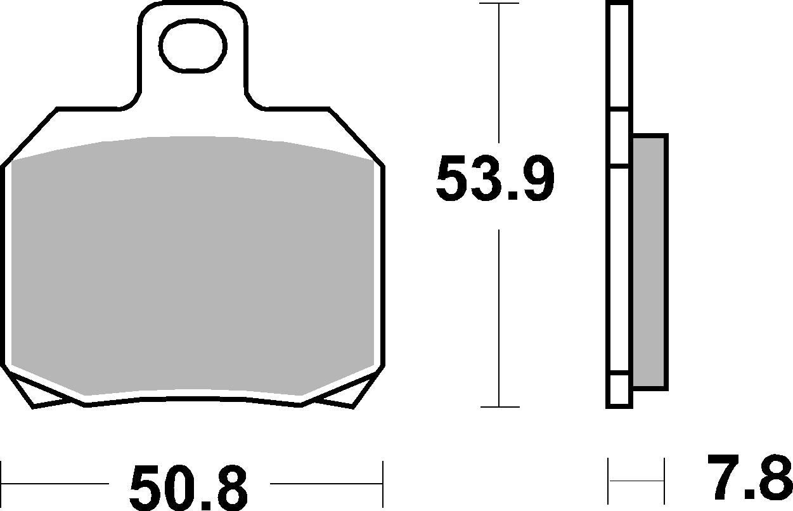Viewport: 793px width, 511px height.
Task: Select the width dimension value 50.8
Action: coord(188,487)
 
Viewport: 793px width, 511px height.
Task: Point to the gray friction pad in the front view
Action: coord(193,266)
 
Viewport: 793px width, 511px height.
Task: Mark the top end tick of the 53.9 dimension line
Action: coord(500,4)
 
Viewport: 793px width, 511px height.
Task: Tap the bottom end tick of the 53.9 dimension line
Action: coord(500,407)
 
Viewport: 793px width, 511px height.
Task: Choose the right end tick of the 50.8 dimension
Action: coord(383,482)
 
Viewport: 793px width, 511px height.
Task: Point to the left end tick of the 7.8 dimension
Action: coord(609,479)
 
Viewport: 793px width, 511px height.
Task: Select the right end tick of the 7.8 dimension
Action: coord(664,479)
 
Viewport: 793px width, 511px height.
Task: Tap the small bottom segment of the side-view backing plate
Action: coord(619,389)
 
